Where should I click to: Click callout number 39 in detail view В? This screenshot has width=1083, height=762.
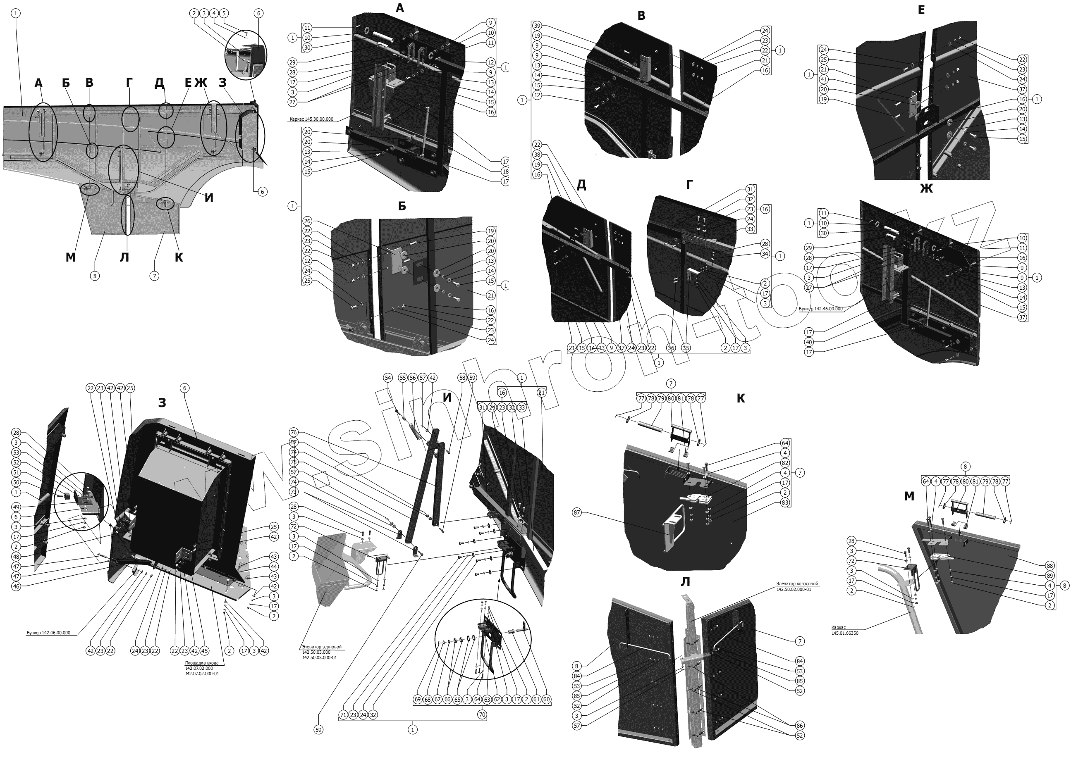coord(537,26)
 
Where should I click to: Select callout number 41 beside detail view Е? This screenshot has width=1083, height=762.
coord(824,80)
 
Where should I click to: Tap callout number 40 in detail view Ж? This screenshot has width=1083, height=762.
coord(809,342)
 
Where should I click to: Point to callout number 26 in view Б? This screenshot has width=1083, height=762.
coord(308,221)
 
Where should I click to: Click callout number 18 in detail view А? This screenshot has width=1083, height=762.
coord(506,171)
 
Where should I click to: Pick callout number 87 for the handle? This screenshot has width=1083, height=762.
coord(576,512)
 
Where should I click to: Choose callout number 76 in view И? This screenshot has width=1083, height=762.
coord(294,433)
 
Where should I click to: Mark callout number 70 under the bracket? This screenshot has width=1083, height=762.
coord(482,715)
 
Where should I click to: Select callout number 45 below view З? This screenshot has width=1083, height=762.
coord(204,651)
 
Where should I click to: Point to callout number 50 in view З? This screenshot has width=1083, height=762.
coord(16,483)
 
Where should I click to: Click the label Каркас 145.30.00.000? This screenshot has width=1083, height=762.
coord(311,119)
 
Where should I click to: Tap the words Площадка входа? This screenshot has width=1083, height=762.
coord(201,662)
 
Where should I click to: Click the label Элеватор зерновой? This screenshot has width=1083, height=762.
coord(321,647)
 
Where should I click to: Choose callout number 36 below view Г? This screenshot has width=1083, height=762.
coord(671,348)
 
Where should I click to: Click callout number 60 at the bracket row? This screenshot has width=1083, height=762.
coord(547,700)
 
